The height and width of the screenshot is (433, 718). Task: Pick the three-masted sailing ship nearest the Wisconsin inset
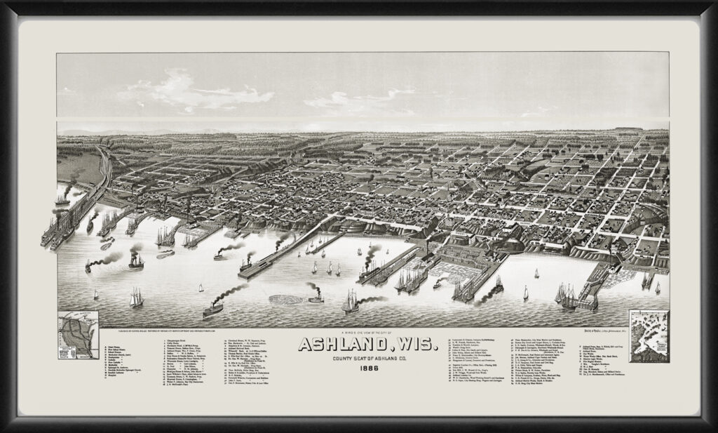click(x=135, y=297)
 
